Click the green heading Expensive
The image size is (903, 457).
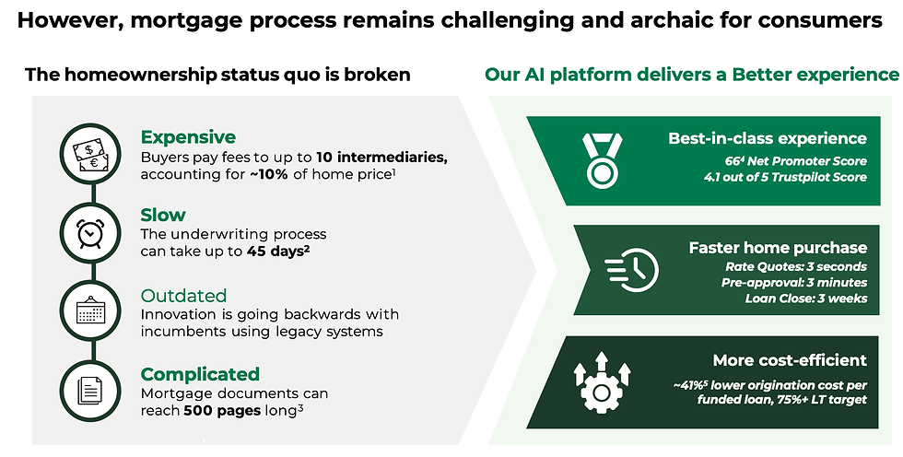click(x=188, y=137)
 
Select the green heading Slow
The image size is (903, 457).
click(x=163, y=215)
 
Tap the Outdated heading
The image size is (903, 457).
click(x=183, y=296)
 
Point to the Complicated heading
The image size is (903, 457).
click(x=200, y=374)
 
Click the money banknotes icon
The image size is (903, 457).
click(x=90, y=154)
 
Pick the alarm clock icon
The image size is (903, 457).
click(x=90, y=233)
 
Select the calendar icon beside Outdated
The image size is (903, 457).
click(x=90, y=311)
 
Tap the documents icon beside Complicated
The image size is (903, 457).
click(x=90, y=391)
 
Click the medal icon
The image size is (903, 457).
click(x=602, y=160)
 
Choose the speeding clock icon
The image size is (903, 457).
click(x=632, y=269)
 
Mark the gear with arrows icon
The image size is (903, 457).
click(x=602, y=382)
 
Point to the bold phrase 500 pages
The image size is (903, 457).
click(x=222, y=411)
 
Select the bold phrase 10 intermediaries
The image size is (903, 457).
click(x=381, y=158)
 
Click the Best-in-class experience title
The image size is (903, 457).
click(x=767, y=138)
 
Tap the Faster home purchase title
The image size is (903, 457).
click(x=778, y=248)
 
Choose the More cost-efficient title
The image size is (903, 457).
click(x=790, y=360)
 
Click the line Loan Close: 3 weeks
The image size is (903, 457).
click(x=805, y=299)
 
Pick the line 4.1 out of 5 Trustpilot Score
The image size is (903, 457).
click(x=785, y=177)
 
